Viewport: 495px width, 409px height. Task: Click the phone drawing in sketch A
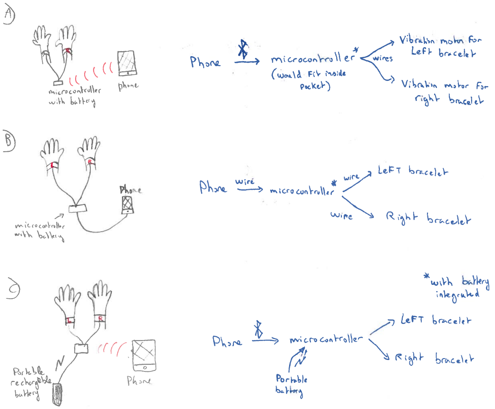tap(126, 63)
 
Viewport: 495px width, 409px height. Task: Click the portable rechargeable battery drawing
tap(58, 394)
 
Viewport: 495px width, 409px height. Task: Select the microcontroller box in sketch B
tap(78, 208)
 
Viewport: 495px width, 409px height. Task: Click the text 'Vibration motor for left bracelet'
tap(440, 46)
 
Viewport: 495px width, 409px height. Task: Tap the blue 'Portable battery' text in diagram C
tap(291, 385)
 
